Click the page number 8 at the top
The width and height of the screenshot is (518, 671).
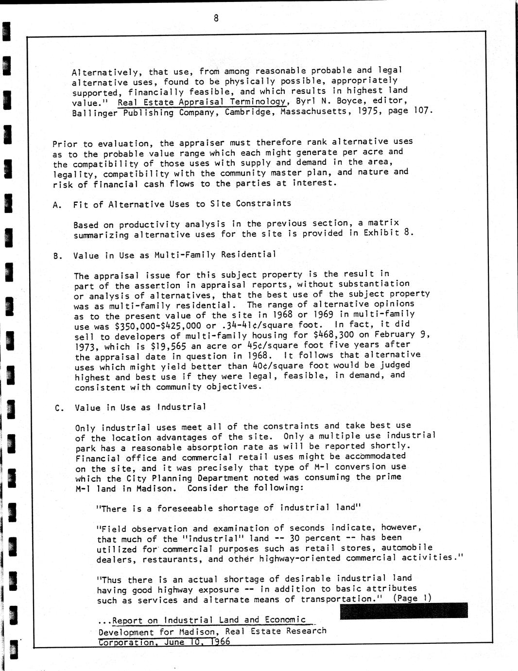[x=216, y=18]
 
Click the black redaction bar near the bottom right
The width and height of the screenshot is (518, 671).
[x=403, y=611]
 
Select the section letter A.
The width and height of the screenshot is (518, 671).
[x=57, y=205]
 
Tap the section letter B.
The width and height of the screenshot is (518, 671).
[x=57, y=256]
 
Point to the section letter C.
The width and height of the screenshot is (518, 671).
[x=58, y=408]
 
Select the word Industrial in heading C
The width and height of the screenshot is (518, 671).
[x=182, y=407]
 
